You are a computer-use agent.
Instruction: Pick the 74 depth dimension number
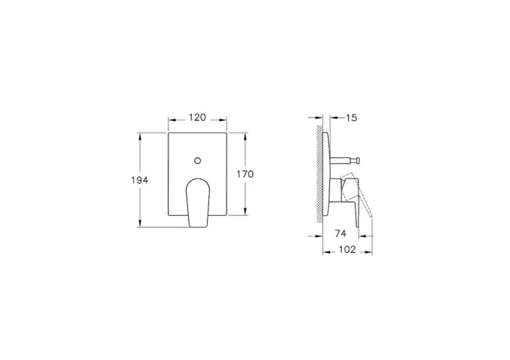[x=340, y=234]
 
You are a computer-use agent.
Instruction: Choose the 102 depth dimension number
[x=348, y=250]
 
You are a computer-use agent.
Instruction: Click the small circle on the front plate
[x=197, y=159]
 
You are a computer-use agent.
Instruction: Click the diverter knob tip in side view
[x=360, y=159]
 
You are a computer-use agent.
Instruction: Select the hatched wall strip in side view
[x=320, y=175]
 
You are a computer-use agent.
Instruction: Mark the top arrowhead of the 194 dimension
[x=141, y=136]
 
